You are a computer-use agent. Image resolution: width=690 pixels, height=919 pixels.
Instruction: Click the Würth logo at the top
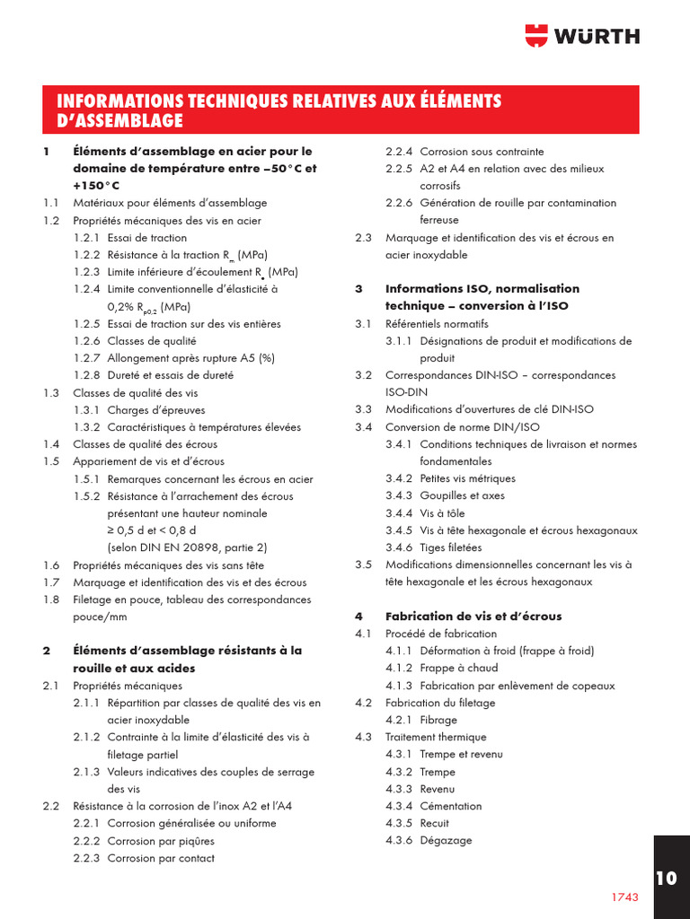tap(582, 35)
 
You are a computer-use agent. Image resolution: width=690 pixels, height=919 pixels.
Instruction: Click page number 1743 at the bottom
tap(624, 897)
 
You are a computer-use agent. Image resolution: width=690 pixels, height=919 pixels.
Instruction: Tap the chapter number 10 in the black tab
tap(666, 878)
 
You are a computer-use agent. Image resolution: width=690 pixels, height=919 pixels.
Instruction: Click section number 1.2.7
tap(86, 358)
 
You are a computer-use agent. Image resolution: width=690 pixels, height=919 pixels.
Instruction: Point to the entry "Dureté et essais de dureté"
tap(170, 375)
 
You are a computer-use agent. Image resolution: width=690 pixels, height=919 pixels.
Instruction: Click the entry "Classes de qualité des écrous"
tap(145, 444)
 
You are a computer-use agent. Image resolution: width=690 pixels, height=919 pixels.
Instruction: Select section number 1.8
tap(51, 600)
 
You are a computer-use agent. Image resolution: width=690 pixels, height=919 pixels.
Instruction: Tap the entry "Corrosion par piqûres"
tap(161, 841)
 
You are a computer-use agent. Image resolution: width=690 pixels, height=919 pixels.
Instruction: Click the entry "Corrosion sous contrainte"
tap(482, 152)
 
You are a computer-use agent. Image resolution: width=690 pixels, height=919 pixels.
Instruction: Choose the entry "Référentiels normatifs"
tap(437, 323)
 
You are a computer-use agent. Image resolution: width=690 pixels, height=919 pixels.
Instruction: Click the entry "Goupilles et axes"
tap(462, 495)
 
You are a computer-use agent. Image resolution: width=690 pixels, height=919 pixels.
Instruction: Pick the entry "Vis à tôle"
tap(440, 512)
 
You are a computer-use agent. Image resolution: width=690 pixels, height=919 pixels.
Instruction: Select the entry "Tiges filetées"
tap(450, 547)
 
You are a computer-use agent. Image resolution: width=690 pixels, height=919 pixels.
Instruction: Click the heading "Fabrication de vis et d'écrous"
tap(473, 617)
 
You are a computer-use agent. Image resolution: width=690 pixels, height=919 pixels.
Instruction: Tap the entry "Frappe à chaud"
tap(458, 668)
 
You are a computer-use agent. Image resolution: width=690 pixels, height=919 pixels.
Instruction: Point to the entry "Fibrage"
tap(438, 720)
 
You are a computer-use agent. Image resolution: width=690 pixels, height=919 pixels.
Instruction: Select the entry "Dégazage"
tap(446, 841)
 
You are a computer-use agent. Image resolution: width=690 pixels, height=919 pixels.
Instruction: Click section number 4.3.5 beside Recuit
tap(399, 823)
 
